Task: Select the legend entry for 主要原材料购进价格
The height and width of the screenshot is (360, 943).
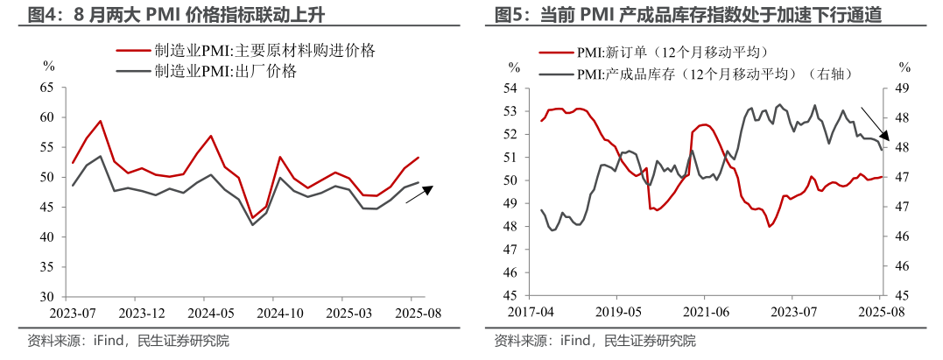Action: pyautogui.click(x=263, y=51)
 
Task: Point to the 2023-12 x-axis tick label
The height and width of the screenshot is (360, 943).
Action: pyautogui.click(x=142, y=312)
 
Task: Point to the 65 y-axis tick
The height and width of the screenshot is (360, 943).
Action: pyautogui.click(x=47, y=88)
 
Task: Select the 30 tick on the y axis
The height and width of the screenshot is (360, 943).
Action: pyautogui.click(x=47, y=297)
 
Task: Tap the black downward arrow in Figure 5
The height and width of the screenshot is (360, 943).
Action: pyautogui.click(x=875, y=124)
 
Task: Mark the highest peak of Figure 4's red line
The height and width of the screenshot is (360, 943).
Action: pyautogui.click(x=101, y=121)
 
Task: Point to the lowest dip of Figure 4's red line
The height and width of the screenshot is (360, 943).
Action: pyautogui.click(x=253, y=217)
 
